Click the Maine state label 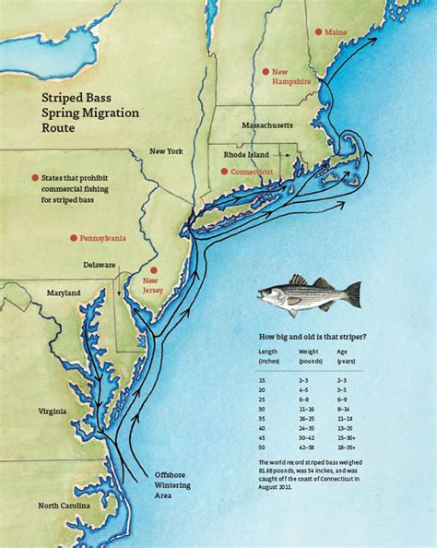[x=336, y=32]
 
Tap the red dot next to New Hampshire [x=266, y=70]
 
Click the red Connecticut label [x=252, y=172]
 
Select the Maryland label [x=60, y=293]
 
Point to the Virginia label [x=53, y=412]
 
